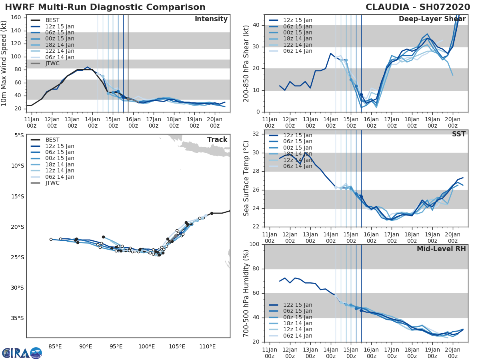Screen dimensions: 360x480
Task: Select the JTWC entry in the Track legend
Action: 52,183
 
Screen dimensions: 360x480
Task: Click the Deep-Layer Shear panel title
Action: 432,20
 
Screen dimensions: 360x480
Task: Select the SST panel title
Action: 458,134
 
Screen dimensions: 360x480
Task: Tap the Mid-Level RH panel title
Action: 441,249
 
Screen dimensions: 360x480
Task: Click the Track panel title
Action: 217,140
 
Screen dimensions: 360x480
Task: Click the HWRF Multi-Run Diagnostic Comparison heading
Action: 105,7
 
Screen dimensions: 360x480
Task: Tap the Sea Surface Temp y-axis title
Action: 246,178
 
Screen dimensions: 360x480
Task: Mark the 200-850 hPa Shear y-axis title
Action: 246,63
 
